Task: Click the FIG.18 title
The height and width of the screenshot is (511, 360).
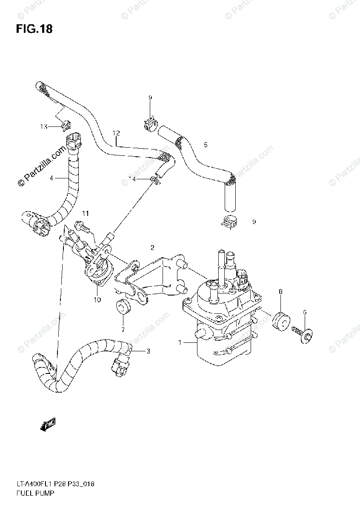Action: click(x=34, y=29)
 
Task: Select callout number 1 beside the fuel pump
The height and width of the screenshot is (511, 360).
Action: click(x=180, y=342)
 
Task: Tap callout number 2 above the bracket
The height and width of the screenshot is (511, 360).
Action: click(x=148, y=351)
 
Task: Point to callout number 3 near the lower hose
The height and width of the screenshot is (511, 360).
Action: click(x=51, y=178)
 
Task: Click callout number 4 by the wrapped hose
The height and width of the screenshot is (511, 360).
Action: click(x=206, y=145)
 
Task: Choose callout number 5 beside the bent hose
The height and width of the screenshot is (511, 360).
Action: click(x=304, y=312)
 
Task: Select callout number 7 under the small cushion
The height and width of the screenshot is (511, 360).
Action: click(x=280, y=292)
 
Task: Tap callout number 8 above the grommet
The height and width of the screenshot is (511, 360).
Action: click(x=97, y=300)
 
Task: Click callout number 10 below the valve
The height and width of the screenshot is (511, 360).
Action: click(x=86, y=213)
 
